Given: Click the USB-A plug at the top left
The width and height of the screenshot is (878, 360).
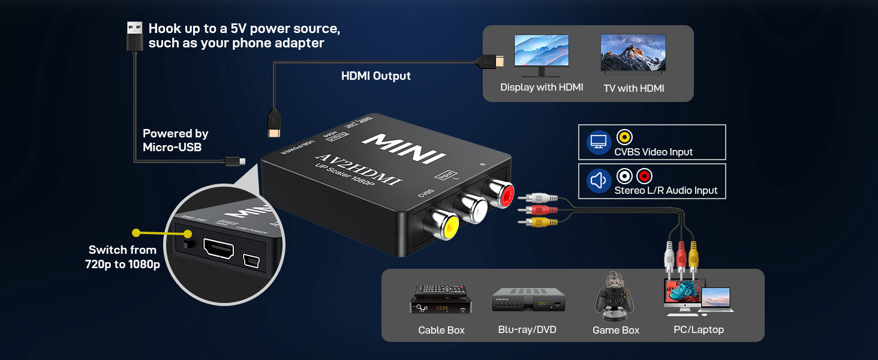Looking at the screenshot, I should (x=134, y=37).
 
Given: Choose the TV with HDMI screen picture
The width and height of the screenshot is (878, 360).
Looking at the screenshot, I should (x=633, y=54).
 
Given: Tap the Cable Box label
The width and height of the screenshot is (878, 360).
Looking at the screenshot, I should (x=441, y=330).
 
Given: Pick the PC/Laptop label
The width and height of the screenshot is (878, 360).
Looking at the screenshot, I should (x=699, y=329).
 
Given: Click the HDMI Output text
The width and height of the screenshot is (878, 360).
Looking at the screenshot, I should (x=376, y=76).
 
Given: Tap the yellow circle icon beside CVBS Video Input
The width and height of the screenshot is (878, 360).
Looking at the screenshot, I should (x=624, y=137).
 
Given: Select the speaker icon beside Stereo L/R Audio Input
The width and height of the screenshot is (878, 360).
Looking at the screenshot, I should (x=598, y=181).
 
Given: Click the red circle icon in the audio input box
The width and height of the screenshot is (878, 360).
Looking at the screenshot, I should (x=644, y=176).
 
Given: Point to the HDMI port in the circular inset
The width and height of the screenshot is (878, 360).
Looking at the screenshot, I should (x=218, y=249).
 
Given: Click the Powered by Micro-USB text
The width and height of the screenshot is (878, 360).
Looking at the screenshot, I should (x=175, y=140).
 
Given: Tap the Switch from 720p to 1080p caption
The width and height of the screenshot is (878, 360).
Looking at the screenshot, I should (x=123, y=257).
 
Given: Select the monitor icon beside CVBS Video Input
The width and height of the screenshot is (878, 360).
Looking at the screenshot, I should (x=598, y=142).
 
